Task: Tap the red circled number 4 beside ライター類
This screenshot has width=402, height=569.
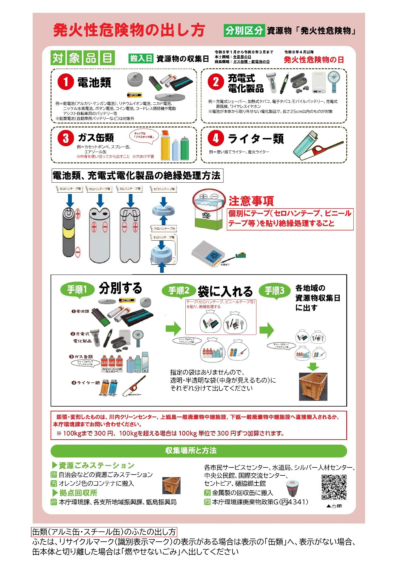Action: [x=215, y=139]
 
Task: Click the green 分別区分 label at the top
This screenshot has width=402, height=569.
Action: [x=244, y=30]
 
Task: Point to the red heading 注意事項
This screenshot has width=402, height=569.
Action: [x=251, y=201]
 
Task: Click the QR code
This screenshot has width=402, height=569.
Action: [x=334, y=487]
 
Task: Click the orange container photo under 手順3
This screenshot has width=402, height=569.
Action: [x=313, y=386]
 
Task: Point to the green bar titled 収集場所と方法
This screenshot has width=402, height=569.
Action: [x=198, y=451]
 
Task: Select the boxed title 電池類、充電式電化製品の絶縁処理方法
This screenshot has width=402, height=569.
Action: [x=136, y=176]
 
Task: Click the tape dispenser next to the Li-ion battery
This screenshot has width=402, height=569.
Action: [x=241, y=255]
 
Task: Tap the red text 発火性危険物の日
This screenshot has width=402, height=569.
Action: [x=314, y=59]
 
